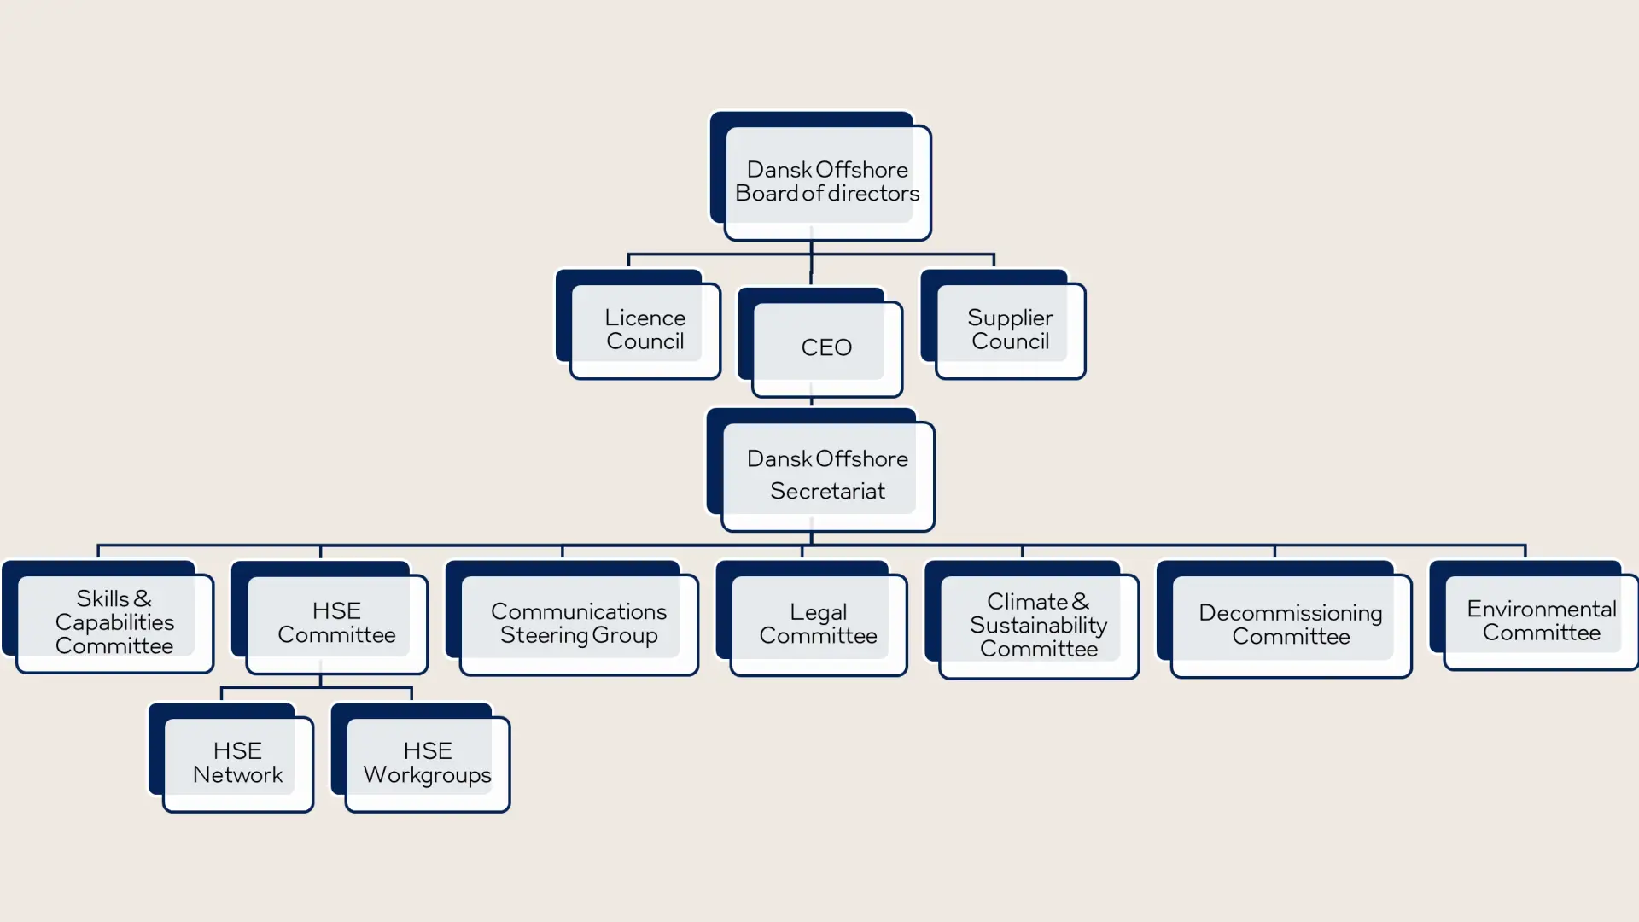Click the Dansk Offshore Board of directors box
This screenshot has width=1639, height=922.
pos(826,181)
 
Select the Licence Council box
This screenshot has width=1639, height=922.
pos(645,330)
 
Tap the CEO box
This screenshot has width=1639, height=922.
pos(826,347)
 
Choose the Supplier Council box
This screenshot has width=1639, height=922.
pos(1010,330)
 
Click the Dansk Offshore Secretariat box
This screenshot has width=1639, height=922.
pos(826,475)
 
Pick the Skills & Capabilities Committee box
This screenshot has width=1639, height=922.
pos(114,622)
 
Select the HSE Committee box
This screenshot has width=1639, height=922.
pos(336,623)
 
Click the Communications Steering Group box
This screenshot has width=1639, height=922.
pos(579,623)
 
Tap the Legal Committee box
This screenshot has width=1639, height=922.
pos(818,624)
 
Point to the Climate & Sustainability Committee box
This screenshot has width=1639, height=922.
pos(1038,625)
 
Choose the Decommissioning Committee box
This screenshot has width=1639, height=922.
pos(1291,625)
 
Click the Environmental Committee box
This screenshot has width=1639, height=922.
pos(1541,621)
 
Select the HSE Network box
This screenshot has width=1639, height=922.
pos(237,762)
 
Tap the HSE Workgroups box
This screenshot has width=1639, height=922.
pos(428,762)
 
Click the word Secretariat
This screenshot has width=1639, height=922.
pos(827,492)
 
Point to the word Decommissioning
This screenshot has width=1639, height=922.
pos(1290,613)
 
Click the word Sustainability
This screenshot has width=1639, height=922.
pos(1038,625)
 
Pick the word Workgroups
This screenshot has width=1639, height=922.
pos(428,775)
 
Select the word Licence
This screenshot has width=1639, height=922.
pos(645,318)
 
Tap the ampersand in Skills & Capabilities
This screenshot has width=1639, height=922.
pos(143,598)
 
